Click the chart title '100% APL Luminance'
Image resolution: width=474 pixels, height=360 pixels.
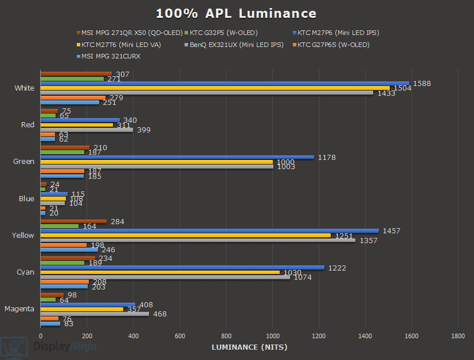tap(236, 13)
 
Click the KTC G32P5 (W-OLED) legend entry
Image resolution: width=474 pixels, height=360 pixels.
tap(224, 33)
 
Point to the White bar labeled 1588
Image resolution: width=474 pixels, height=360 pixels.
tap(225, 83)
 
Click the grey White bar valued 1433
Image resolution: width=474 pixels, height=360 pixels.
tap(206, 93)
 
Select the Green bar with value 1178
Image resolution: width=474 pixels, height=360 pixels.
tap(177, 157)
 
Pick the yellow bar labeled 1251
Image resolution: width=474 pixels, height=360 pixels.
tap(185, 236)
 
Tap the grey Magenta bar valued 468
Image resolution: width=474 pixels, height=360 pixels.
tap(95, 314)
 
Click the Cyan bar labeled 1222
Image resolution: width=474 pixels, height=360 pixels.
tap(182, 268)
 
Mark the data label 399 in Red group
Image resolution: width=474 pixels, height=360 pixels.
tap(144, 130)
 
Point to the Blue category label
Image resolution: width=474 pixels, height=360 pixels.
tap(26, 199)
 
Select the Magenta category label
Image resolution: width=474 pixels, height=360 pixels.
tap(19, 309)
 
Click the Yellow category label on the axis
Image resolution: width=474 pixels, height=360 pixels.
tap(23, 236)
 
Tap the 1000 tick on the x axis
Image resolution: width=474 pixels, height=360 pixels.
tap(272, 335)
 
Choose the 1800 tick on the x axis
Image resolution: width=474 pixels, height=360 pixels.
tap(457, 335)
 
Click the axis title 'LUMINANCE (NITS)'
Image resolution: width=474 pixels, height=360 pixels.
tap(249, 347)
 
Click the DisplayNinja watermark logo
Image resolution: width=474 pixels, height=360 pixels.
tap(49, 347)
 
